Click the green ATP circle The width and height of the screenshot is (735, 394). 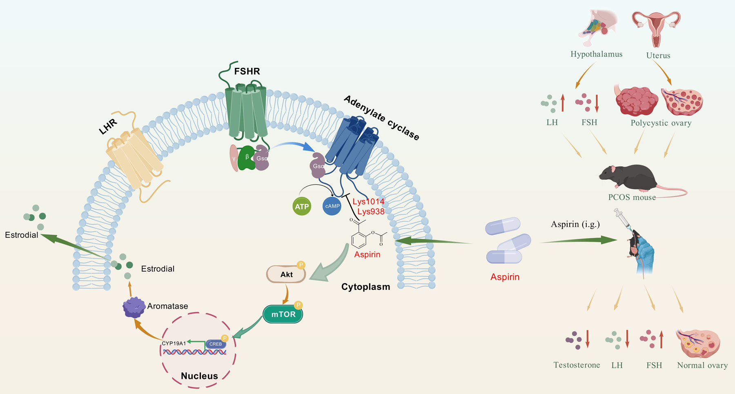(x=302, y=206)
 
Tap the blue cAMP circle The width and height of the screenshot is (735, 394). (x=332, y=206)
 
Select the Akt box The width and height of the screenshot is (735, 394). (x=286, y=274)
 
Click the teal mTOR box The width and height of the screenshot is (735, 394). (x=283, y=314)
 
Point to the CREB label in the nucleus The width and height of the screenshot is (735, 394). (x=216, y=344)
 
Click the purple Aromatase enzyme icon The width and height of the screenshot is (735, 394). (x=134, y=307)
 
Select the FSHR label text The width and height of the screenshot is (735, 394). (x=247, y=71)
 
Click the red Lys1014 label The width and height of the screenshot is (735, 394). (x=368, y=202)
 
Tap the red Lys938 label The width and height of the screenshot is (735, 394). (x=371, y=211)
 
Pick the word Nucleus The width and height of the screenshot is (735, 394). (x=199, y=376)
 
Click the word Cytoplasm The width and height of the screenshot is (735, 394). (x=365, y=287)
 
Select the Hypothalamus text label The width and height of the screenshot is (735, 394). (x=596, y=54)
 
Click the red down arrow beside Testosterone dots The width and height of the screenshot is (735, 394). (x=588, y=339)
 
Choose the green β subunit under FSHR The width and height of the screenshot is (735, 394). (x=246, y=158)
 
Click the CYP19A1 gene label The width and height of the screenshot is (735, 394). (x=174, y=343)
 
